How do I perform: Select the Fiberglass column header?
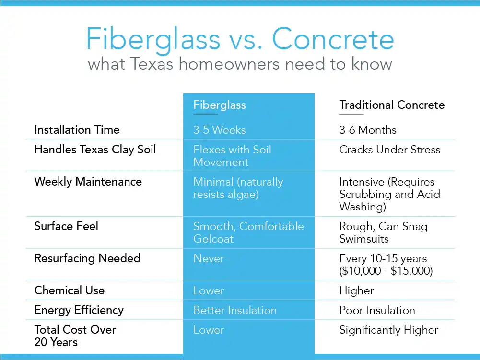[x=219, y=105]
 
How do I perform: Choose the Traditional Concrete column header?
[x=392, y=105]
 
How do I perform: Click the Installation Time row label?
[x=77, y=130]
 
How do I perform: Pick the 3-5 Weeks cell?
[x=219, y=130]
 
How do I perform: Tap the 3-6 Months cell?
[x=368, y=130]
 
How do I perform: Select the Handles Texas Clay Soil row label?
[x=95, y=150]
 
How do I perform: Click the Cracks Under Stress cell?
[x=389, y=150]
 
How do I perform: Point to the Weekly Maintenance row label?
[x=88, y=182]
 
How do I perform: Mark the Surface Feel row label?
[x=66, y=226]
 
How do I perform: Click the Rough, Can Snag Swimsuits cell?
[x=383, y=232]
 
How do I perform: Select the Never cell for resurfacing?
[x=209, y=258]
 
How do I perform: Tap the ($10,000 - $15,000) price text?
[x=386, y=271]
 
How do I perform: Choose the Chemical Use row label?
[x=69, y=290]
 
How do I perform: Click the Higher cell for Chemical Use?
[x=356, y=290]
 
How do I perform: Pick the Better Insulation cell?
[x=235, y=310]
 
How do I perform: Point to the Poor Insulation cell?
[x=377, y=310]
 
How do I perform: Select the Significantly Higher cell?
[x=388, y=330]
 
